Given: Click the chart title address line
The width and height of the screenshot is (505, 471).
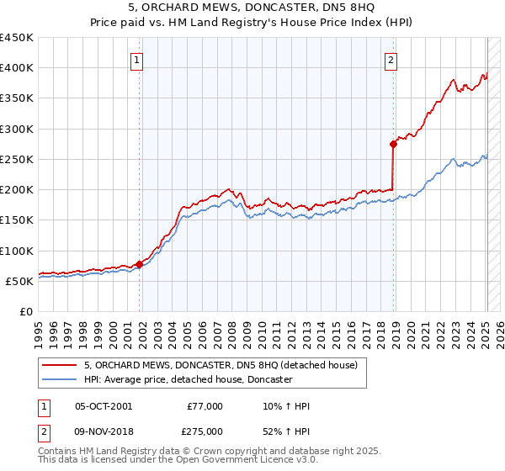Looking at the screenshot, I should (252, 8).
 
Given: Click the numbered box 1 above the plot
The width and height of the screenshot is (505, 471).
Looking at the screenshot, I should (136, 59).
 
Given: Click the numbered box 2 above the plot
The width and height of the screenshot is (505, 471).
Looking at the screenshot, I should (392, 59).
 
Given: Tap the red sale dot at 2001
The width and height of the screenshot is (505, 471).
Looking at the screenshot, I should (140, 265).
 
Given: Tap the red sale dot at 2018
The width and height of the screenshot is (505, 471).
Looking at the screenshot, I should (393, 144).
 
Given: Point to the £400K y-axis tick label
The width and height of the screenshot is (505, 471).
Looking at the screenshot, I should (17, 68).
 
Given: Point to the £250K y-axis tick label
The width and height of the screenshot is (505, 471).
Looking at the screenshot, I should (17, 159).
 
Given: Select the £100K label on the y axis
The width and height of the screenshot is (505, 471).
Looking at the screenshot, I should (17, 251).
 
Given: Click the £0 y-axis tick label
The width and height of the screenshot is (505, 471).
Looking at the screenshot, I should (25, 311).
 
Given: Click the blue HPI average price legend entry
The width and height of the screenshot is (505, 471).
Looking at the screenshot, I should (187, 379).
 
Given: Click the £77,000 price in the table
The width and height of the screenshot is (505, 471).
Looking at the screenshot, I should (205, 406).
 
